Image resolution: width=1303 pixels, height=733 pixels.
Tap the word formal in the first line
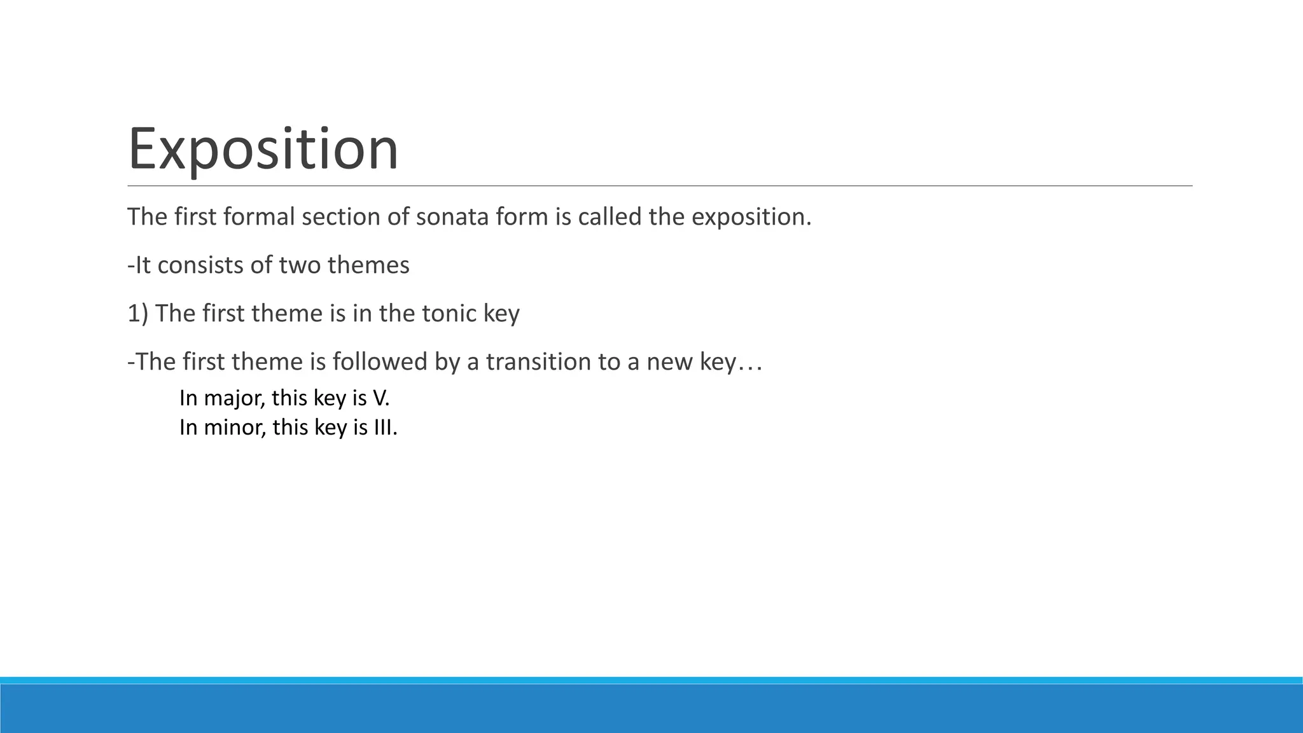pos(260,218)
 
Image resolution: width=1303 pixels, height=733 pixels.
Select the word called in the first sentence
pos(610,218)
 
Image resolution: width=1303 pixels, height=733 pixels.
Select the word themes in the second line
pos(368,265)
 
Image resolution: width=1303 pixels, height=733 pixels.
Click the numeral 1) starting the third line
pos(138,314)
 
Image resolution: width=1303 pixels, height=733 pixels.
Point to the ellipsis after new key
pos(750,364)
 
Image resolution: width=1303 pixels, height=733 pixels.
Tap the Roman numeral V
pos(379,398)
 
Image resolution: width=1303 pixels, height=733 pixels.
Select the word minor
pos(234,428)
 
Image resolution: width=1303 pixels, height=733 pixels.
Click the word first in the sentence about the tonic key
pos(223,314)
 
